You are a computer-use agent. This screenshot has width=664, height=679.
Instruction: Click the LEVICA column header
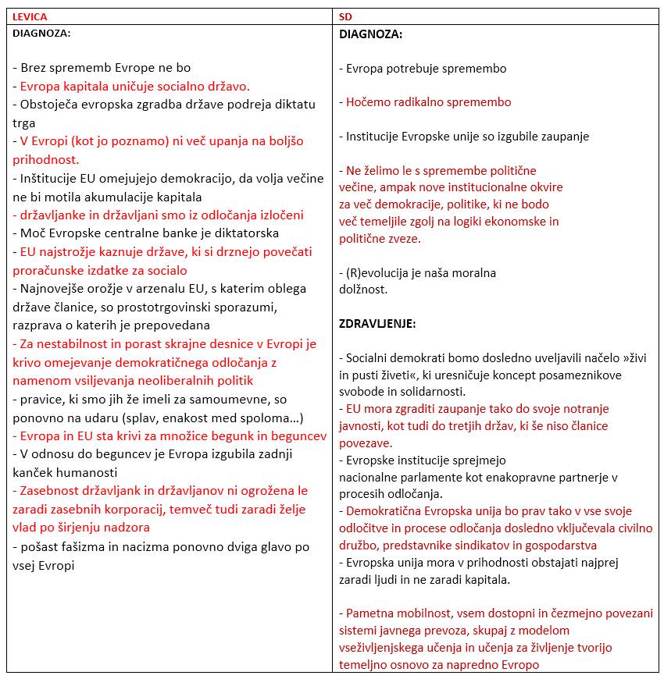[29, 16]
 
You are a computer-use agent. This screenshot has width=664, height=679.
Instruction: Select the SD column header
[346, 16]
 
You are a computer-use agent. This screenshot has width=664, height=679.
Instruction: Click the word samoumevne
[229, 400]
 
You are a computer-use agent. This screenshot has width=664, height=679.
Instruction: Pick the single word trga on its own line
[24, 123]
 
